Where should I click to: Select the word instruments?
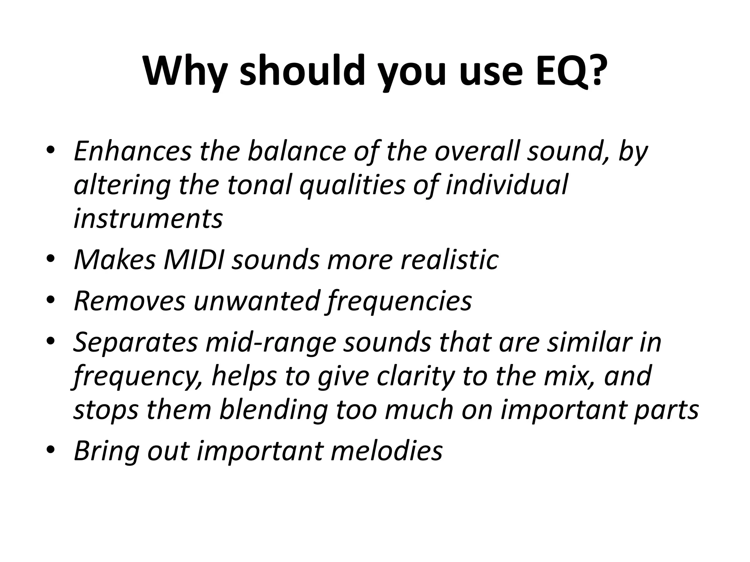[x=148, y=218]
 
